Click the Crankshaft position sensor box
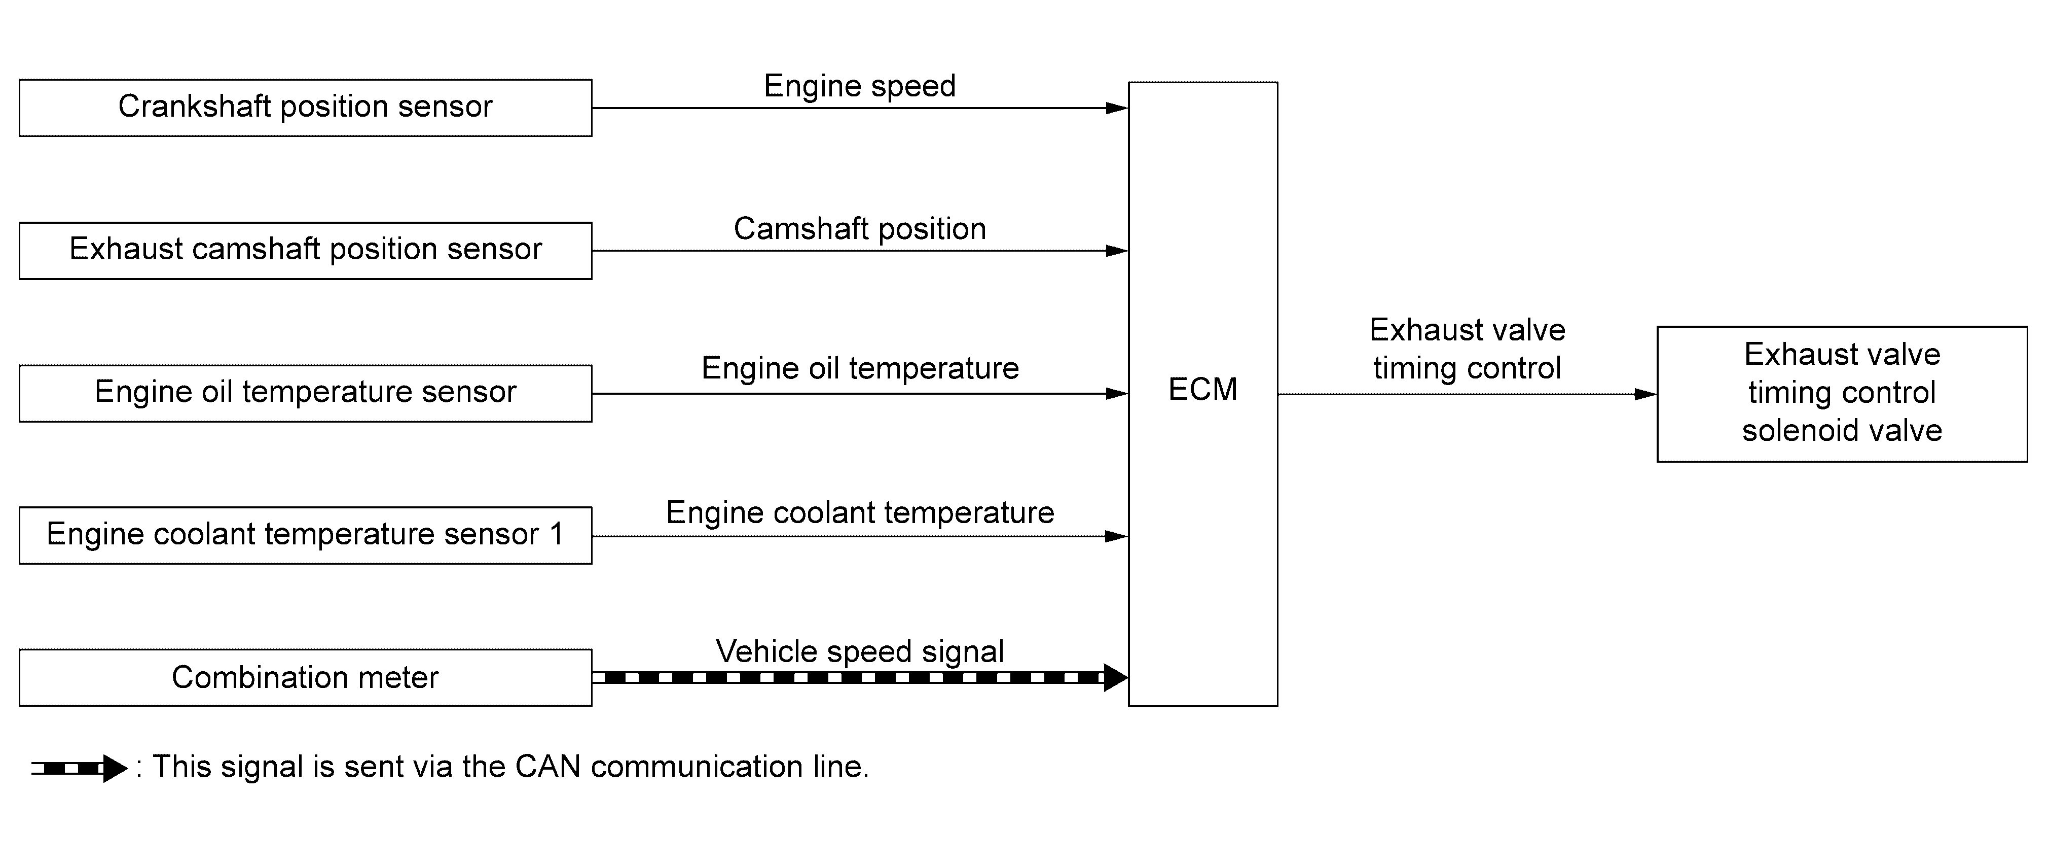305,108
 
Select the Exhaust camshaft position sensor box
305,251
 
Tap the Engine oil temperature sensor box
305,393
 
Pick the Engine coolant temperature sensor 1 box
305,535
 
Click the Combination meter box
305,678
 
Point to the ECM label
1202,390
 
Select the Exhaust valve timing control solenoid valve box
1841,394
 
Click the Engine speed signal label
859,86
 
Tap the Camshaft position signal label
859,229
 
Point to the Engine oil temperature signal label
859,368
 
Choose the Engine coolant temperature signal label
859,513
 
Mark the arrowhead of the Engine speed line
1117,108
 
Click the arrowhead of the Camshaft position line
1117,251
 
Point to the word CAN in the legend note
547,767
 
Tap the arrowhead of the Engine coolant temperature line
1117,537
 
